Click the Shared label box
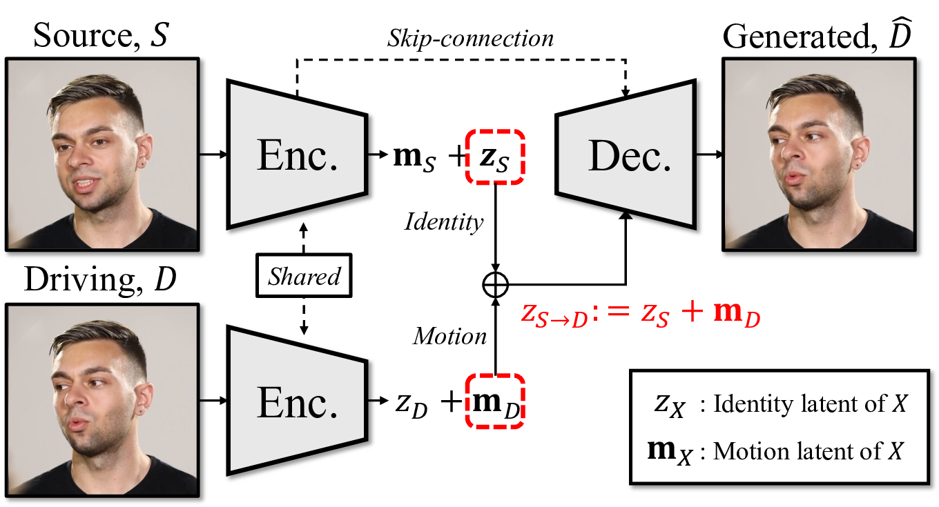[304, 277]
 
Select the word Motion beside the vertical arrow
[449, 336]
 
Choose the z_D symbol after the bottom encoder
[412, 404]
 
